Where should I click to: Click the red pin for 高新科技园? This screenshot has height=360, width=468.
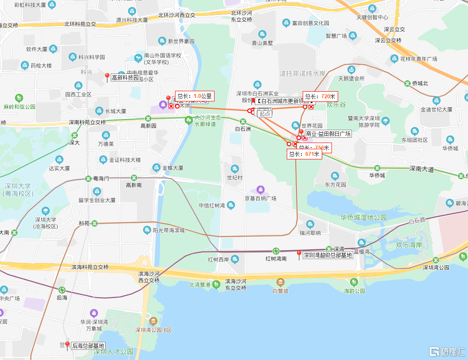107,77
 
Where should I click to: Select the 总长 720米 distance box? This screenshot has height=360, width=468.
320,96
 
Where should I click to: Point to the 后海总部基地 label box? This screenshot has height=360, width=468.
88,346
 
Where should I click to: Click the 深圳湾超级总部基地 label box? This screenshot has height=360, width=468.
328,255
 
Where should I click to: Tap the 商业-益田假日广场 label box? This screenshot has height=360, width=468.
328,134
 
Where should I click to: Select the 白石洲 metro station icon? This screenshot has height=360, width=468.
243,121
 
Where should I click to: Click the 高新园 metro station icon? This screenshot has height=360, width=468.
148,118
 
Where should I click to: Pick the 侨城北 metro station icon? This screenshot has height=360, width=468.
407,83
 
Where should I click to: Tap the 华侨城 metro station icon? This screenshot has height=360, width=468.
377,168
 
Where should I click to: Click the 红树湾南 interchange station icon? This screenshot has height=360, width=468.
276,251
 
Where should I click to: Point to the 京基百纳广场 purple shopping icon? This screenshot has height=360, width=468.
261,190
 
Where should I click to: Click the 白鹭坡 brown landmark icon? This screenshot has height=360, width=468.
281,283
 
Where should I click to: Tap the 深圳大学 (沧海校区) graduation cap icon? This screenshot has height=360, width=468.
46,211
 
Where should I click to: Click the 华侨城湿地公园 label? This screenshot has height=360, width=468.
363,217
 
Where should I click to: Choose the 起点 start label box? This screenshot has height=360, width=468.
265,113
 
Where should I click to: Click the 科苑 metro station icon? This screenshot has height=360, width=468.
94,223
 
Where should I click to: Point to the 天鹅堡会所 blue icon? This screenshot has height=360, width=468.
351,70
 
